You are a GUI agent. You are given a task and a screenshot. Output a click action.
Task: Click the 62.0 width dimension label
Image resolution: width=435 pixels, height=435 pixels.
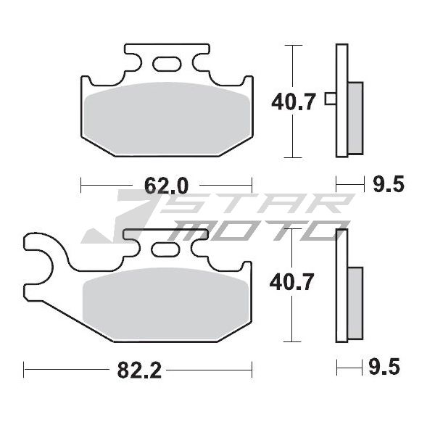pos(166,186)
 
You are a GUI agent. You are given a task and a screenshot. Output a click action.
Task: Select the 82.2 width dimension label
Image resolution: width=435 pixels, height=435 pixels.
pos(139,370)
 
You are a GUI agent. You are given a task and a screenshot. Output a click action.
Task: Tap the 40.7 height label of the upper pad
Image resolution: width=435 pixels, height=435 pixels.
pos(293,101)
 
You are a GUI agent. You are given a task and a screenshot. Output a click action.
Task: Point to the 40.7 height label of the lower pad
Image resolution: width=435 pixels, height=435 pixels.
pos(291,282)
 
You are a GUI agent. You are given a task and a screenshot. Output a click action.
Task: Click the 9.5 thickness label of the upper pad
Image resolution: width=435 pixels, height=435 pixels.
pos(389,184)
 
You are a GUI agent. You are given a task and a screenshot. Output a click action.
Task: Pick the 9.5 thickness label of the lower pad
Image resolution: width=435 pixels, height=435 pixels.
pos(384,366)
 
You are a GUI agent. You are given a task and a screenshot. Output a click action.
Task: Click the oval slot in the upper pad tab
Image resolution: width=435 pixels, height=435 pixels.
pos(167,64)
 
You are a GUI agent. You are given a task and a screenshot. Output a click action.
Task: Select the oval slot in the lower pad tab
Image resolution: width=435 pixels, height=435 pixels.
pos(165,249)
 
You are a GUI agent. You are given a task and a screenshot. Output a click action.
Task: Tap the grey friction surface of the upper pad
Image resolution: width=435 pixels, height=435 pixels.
pos(167,118)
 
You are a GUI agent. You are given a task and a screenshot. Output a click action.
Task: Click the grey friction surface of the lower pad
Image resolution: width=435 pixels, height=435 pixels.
pos(166,304)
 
